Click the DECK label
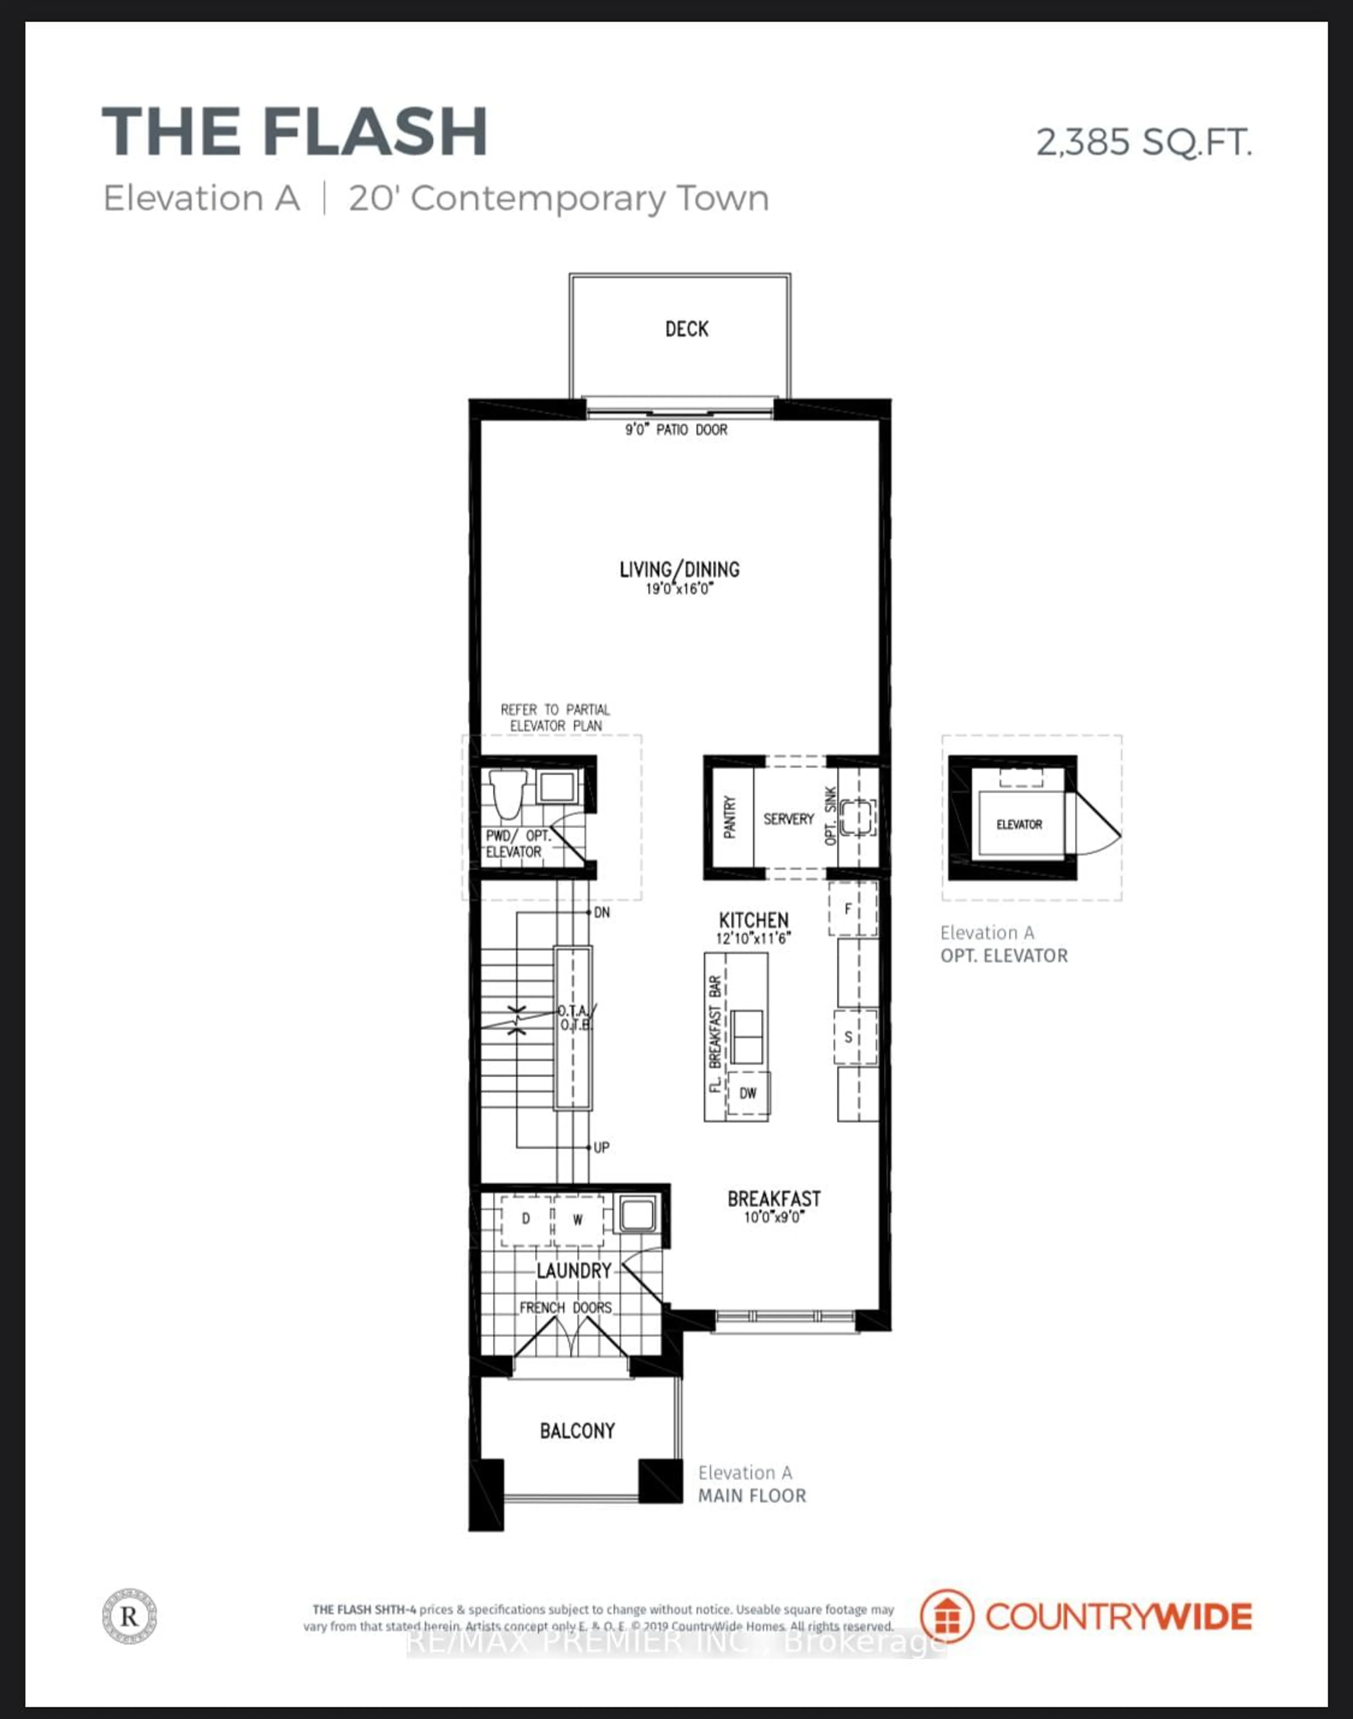(x=686, y=329)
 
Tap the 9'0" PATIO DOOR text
(x=676, y=429)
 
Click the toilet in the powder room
(x=507, y=795)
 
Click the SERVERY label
(x=788, y=818)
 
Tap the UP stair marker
(x=601, y=1147)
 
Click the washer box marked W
(x=577, y=1219)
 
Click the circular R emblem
(x=129, y=1616)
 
